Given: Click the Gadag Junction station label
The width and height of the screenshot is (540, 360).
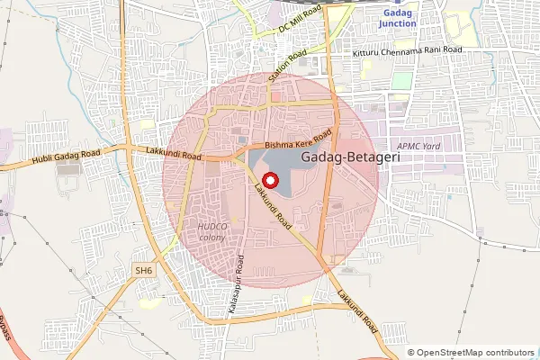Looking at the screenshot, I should [398, 18].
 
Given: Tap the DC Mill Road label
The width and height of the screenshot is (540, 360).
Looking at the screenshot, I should [300, 19].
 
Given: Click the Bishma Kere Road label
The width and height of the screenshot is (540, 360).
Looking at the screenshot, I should [298, 139].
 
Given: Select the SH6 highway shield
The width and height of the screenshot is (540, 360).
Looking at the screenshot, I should [144, 270].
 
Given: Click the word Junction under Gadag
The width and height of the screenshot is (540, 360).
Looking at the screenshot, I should [398, 23].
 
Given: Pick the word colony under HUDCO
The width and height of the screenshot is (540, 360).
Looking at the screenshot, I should [213, 238].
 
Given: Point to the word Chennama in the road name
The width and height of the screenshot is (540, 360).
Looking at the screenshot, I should [407, 50].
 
